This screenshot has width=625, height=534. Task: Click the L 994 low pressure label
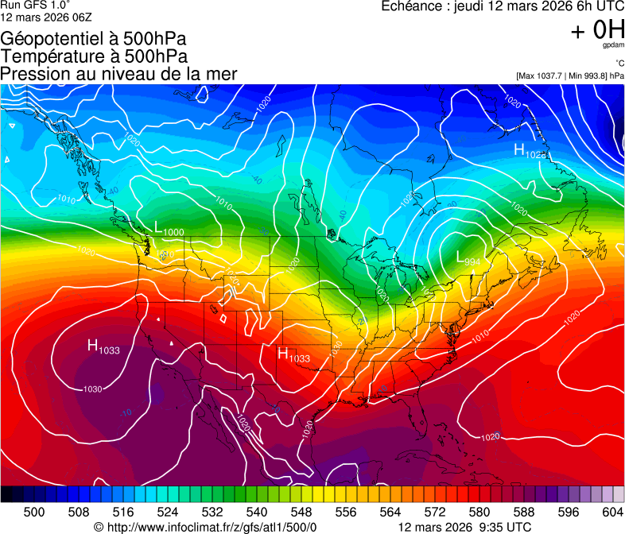coord(468,257)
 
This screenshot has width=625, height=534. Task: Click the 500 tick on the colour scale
coord(34,513)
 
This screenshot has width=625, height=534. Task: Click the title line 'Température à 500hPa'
coord(94,56)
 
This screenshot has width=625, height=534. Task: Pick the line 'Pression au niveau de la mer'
coord(118,74)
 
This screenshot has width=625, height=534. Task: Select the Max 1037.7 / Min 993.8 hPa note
coord(569,75)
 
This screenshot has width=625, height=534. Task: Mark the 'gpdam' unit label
coord(612,45)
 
